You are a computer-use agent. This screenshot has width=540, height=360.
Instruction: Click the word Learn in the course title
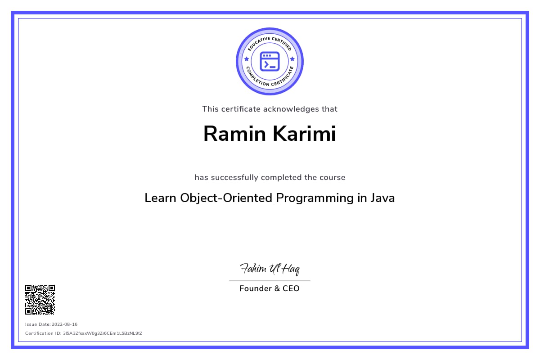(x=161, y=198)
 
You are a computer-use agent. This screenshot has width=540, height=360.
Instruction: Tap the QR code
(x=40, y=299)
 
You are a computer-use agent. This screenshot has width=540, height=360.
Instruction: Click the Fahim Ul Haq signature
(x=270, y=270)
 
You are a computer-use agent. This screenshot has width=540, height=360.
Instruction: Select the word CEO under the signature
(x=291, y=288)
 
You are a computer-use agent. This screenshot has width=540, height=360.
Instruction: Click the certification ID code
(x=103, y=333)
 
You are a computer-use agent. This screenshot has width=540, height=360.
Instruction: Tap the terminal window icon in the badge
(x=270, y=61)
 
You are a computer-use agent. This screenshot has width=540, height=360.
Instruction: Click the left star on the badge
(x=247, y=59)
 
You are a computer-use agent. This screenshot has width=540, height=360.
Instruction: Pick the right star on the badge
(x=292, y=59)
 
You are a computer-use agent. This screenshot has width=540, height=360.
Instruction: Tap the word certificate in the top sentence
(x=240, y=109)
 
